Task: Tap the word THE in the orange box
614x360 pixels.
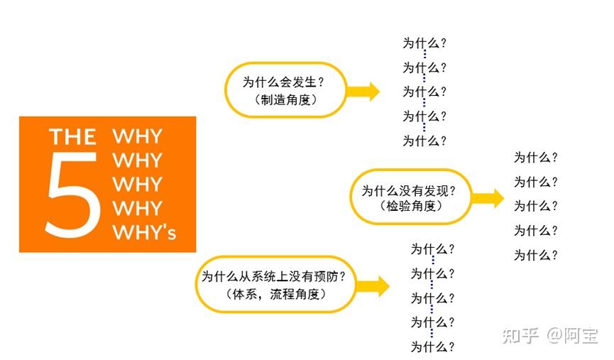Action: (72, 136)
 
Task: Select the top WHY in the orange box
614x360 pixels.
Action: (138, 136)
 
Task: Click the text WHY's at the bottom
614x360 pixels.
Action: (144, 232)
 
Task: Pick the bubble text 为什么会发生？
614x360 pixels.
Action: (284, 82)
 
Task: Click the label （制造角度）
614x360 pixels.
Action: (285, 100)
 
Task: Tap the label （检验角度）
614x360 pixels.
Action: (411, 207)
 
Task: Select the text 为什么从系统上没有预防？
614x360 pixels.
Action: (274, 276)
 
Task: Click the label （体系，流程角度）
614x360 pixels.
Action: (274, 293)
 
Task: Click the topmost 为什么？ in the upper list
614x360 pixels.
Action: (424, 43)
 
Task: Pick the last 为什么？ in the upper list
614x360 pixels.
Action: (424, 141)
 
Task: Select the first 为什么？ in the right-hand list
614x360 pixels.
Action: (536, 158)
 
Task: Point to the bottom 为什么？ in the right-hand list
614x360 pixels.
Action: (536, 255)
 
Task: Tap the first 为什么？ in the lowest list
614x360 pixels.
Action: (432, 249)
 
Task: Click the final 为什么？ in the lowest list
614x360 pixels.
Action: (432, 347)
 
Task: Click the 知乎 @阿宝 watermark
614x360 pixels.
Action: (549, 335)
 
